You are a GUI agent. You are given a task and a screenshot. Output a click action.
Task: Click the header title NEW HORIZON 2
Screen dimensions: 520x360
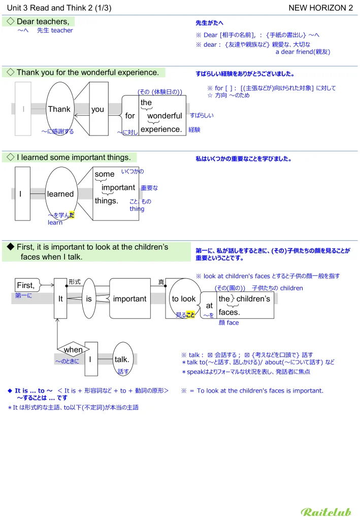[320, 8]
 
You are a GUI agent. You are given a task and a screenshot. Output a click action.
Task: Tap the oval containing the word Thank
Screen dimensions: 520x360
[60, 109]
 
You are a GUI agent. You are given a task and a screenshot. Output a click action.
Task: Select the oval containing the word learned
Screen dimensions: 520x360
[60, 194]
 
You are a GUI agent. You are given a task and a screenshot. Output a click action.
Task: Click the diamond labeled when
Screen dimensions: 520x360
[73, 350]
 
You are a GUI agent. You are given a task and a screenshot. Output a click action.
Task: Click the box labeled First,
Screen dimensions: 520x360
[26, 285]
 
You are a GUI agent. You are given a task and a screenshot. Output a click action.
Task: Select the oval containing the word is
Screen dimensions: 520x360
[89, 299]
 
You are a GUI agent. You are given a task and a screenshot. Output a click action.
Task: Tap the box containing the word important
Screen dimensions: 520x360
[130, 299]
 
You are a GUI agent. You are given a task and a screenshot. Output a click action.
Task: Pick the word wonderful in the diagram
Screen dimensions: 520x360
[165, 116]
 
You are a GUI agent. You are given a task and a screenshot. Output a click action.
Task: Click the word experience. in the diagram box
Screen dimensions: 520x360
[161, 129]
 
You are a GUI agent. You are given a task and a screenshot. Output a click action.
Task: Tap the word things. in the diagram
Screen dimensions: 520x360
[106, 201]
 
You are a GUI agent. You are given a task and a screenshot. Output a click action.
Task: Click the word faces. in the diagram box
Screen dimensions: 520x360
[230, 312]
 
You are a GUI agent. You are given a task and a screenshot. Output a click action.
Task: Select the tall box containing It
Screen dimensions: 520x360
[60, 299]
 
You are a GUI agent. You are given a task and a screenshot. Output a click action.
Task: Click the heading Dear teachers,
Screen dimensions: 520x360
[43, 21]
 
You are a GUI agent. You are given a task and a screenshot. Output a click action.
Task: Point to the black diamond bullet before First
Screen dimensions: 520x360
[10, 247]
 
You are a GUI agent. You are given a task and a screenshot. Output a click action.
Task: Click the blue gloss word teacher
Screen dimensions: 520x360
[62, 30]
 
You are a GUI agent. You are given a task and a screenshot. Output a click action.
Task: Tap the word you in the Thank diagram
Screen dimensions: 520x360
[97, 109]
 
